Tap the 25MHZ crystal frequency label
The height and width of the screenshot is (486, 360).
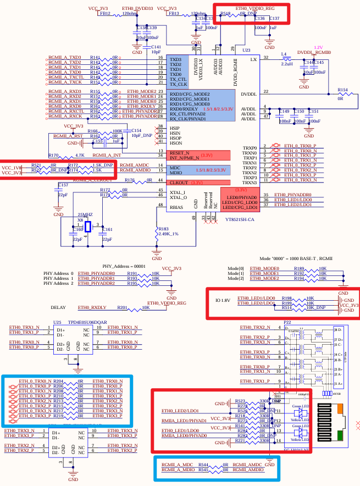click(x=85, y=214)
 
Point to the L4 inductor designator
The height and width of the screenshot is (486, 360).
click(x=284, y=54)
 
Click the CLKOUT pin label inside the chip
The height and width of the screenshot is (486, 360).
click(x=178, y=181)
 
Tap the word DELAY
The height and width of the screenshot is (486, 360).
click(x=58, y=307)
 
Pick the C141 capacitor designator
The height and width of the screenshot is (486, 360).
click(x=156, y=47)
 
